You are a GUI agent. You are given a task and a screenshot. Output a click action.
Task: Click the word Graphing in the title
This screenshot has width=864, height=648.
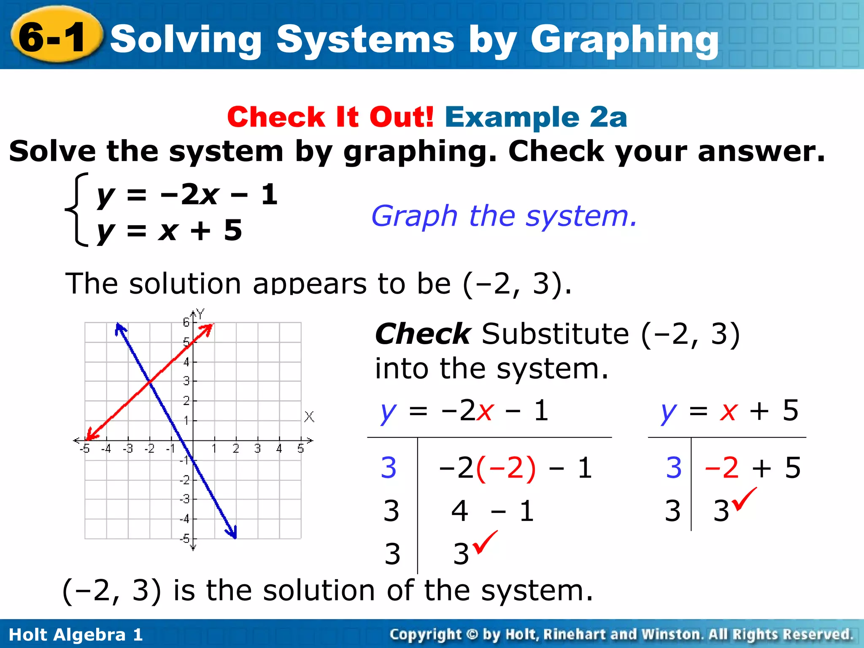click(x=624, y=40)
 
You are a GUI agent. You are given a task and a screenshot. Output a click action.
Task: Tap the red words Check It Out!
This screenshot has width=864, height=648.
click(x=330, y=117)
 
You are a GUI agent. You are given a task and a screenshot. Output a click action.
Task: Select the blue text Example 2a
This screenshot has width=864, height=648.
click(x=536, y=117)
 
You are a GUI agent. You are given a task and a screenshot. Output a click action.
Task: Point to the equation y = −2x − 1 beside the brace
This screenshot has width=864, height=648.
click(x=187, y=194)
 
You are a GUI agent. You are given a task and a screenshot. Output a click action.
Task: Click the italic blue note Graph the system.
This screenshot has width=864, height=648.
click(x=504, y=216)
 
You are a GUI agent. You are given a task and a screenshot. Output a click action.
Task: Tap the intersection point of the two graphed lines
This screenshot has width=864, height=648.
click(x=149, y=381)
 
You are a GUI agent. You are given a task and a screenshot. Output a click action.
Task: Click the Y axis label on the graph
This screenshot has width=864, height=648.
click(x=200, y=313)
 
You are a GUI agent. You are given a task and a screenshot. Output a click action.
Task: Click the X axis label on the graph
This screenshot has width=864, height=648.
click(x=309, y=417)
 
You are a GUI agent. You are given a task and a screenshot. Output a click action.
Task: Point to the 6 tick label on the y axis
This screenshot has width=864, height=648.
click(x=186, y=323)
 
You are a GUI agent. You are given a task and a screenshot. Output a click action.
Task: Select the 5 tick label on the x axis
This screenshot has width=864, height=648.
click(x=300, y=449)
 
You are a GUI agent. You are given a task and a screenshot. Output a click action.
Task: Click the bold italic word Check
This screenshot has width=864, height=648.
click(x=422, y=334)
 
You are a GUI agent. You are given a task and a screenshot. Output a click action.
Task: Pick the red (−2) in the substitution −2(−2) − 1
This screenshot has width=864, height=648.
click(x=506, y=468)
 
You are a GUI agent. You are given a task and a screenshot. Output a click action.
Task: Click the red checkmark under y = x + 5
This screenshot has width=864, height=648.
click(x=744, y=499)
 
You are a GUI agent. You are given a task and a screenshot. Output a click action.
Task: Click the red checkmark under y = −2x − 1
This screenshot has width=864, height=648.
click(x=485, y=542)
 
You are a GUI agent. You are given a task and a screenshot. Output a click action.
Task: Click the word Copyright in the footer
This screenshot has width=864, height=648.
click(x=425, y=634)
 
